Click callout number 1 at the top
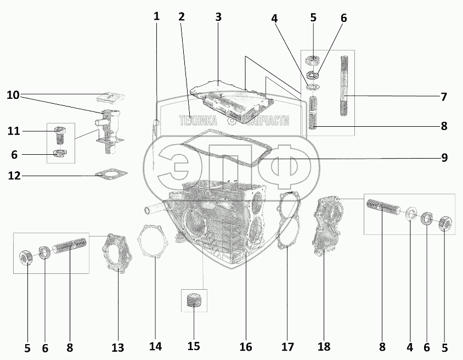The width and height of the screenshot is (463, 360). (x=156, y=16)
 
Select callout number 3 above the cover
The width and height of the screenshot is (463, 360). (x=218, y=16)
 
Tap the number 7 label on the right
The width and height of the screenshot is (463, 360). (x=443, y=97)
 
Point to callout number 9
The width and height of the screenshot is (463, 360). (x=443, y=158)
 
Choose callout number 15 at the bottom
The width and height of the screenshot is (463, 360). (x=193, y=346)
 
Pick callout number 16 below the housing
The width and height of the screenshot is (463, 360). (x=245, y=347)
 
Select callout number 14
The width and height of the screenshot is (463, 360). (x=156, y=346)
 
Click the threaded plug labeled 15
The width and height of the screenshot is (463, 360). (x=193, y=301)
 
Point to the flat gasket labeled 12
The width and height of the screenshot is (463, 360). (x=111, y=175)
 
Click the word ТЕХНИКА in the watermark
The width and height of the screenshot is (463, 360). (x=197, y=121)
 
